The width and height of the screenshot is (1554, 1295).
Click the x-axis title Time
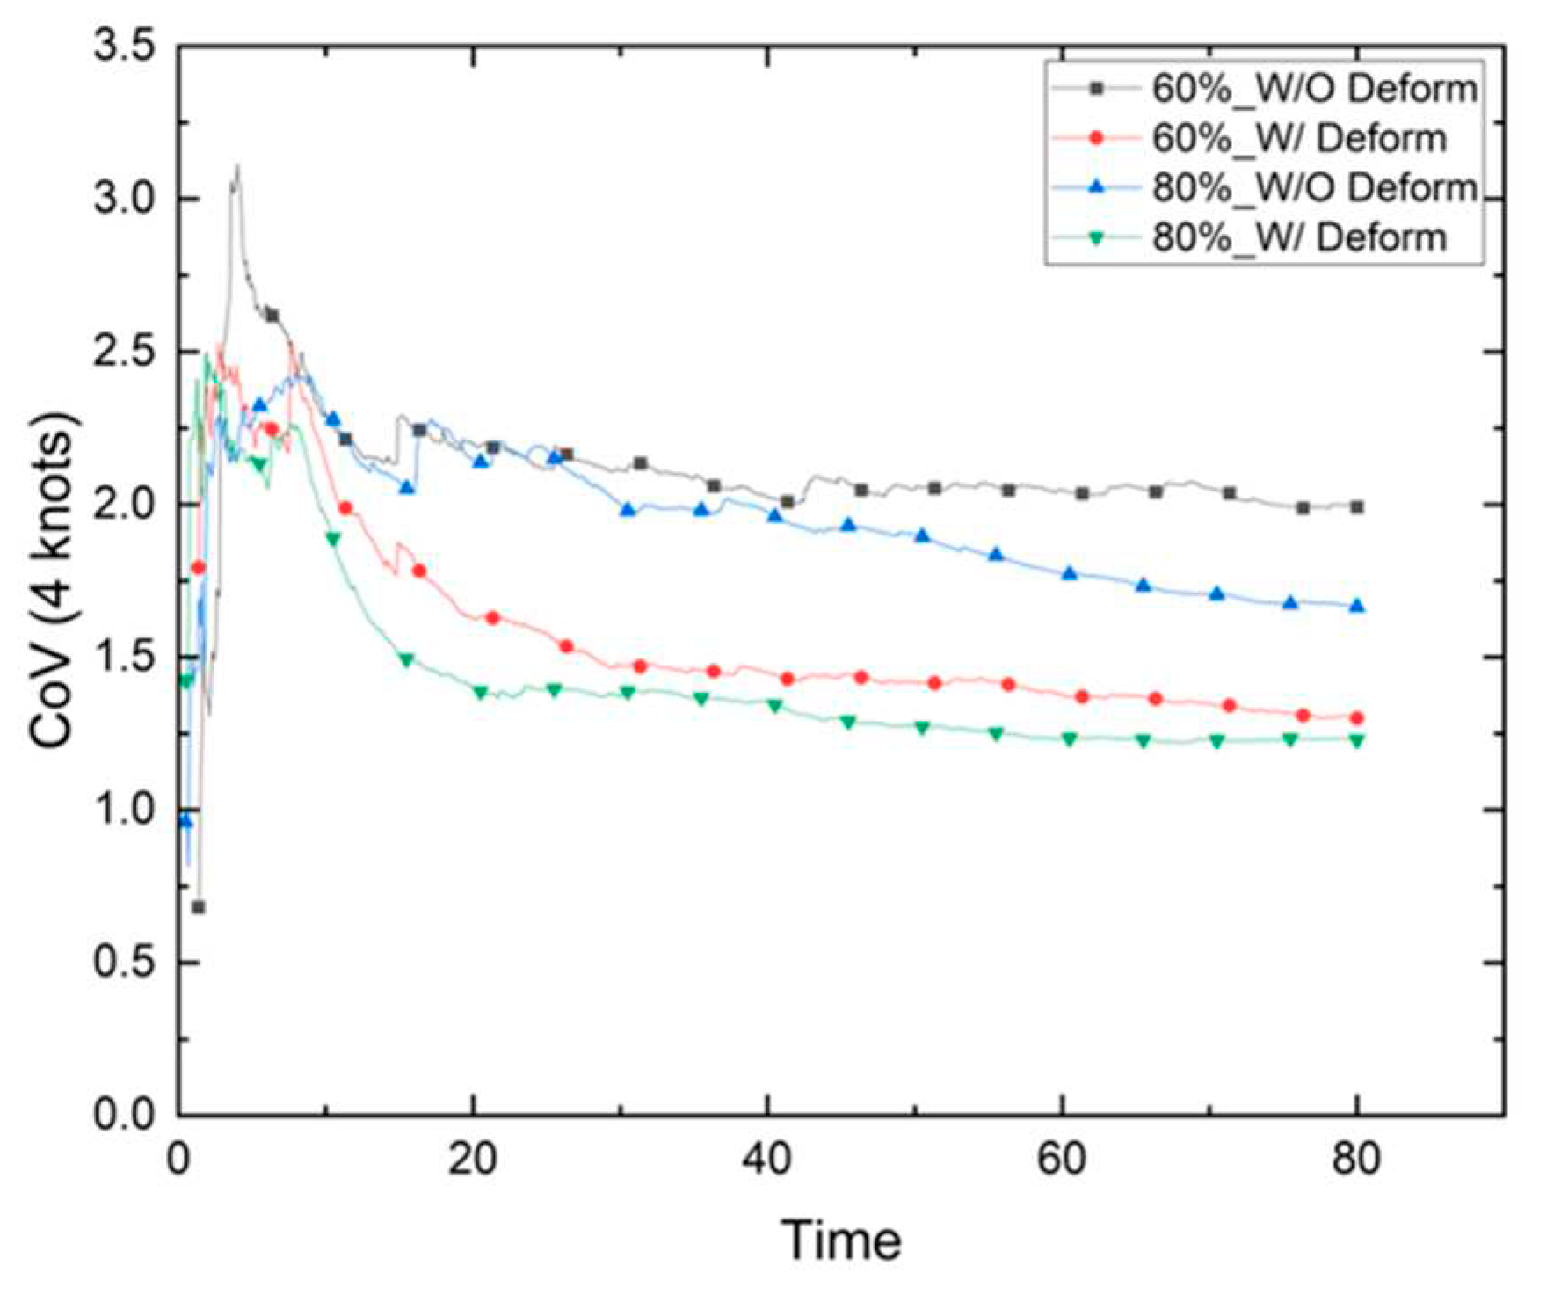[x=841, y=1240]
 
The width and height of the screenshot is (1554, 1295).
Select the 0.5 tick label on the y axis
[x=124, y=963]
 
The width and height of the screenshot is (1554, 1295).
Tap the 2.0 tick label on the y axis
[x=124, y=505]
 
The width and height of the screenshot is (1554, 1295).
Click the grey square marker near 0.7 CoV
[x=199, y=906]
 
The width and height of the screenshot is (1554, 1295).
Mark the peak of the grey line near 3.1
[x=236, y=167]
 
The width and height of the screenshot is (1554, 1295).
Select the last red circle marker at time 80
[x=1356, y=717]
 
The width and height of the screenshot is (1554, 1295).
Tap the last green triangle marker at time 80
[x=1356, y=740]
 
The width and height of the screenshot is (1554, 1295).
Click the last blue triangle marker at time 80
[x=1356, y=606]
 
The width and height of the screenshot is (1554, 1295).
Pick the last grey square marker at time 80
[x=1356, y=507]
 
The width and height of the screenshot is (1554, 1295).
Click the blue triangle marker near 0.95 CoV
[x=185, y=820]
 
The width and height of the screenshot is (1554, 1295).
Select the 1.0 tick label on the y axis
[x=124, y=810]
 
